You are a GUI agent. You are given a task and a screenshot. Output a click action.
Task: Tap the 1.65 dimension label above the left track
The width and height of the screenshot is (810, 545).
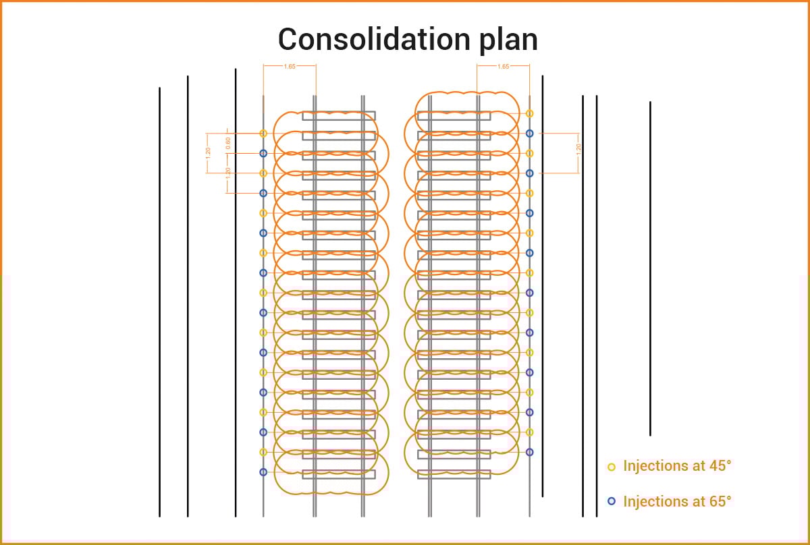click(290, 66)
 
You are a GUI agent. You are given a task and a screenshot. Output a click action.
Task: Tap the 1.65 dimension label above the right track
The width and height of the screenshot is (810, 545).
click(503, 66)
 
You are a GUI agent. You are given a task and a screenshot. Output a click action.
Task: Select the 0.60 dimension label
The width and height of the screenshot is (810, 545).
click(228, 143)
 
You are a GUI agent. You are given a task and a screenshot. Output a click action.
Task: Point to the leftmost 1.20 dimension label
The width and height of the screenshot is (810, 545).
click(208, 152)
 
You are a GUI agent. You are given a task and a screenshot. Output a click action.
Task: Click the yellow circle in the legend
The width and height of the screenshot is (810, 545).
click(612, 466)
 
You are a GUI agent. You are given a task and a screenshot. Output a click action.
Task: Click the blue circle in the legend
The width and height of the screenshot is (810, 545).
click(612, 501)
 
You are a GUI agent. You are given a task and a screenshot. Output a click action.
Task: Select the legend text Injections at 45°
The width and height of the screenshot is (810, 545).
click(677, 466)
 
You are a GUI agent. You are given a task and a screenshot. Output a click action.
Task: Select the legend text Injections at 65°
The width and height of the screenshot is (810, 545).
click(677, 501)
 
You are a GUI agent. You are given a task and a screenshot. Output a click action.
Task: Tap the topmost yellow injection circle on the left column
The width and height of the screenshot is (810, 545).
click(263, 134)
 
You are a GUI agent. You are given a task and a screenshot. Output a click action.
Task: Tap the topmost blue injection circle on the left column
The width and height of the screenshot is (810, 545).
click(263, 153)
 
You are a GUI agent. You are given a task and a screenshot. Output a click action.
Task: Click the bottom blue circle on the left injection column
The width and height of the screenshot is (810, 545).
click(263, 471)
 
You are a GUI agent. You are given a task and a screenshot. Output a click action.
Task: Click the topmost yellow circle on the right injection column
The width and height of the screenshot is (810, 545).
click(530, 113)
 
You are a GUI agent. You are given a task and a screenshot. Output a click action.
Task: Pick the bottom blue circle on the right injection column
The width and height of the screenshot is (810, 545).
click(530, 452)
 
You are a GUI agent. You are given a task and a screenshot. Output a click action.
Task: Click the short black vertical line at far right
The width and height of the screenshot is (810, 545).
click(650, 270)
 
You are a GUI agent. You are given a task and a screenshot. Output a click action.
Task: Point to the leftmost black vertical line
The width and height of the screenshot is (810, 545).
click(159, 304)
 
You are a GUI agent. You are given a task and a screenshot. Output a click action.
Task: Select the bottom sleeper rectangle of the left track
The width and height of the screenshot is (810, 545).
click(339, 474)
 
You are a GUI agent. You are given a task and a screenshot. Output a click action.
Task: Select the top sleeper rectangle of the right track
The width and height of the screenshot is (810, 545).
click(454, 116)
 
